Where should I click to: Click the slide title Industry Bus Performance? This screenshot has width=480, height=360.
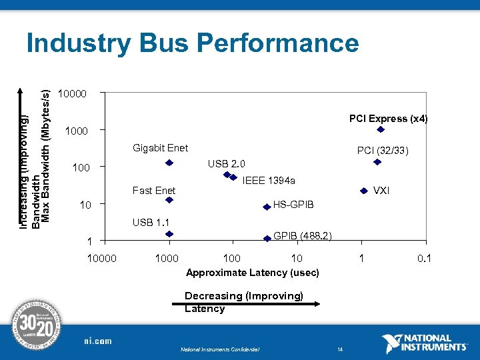tap(192, 44)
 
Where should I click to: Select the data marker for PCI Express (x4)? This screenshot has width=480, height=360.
tap(381, 129)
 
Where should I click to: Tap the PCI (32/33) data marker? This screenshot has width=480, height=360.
tap(377, 162)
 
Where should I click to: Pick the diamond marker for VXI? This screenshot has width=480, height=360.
tap(364, 191)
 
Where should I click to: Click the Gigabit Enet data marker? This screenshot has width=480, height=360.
tap(169, 163)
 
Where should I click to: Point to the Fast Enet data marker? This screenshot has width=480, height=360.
tap(169, 199)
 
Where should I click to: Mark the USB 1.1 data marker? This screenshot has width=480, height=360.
tap(169, 234)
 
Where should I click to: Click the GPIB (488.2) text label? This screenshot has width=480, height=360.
tap(303, 236)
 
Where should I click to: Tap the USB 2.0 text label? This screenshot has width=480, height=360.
tap(226, 164)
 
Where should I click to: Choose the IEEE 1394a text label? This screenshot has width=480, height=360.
tap(269, 180)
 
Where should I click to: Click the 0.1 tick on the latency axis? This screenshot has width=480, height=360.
tap(423, 258)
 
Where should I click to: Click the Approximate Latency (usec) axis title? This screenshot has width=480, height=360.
tap(253, 273)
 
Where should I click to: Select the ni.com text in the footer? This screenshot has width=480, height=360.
tap(98, 341)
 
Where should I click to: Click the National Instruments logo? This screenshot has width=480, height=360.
tap(425, 343)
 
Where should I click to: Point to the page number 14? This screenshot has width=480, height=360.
tap(339, 349)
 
